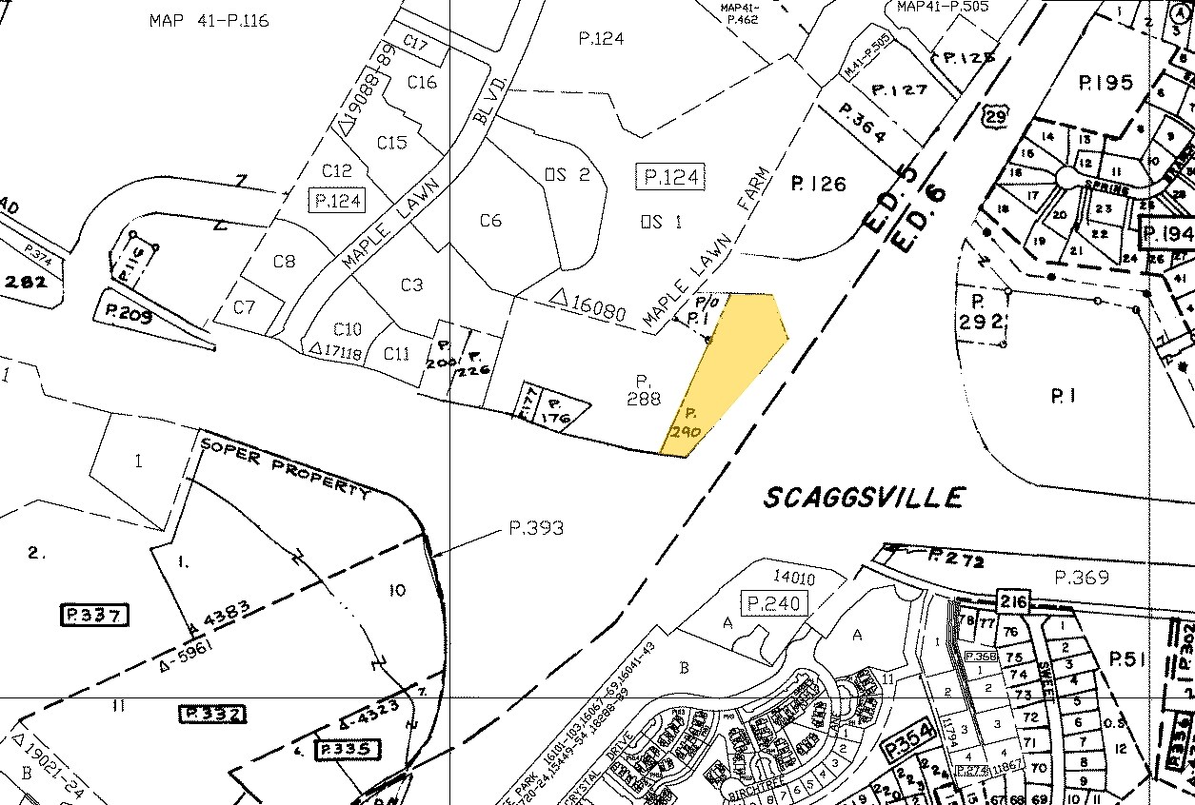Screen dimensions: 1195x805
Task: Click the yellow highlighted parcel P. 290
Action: tap(728, 371)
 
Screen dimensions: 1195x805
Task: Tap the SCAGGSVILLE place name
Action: tap(865, 497)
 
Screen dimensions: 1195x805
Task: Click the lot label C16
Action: tap(422, 82)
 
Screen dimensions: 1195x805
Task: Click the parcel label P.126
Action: tap(818, 184)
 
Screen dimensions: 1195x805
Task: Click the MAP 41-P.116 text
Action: tap(209, 20)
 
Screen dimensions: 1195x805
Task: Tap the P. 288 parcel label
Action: tap(643, 390)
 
